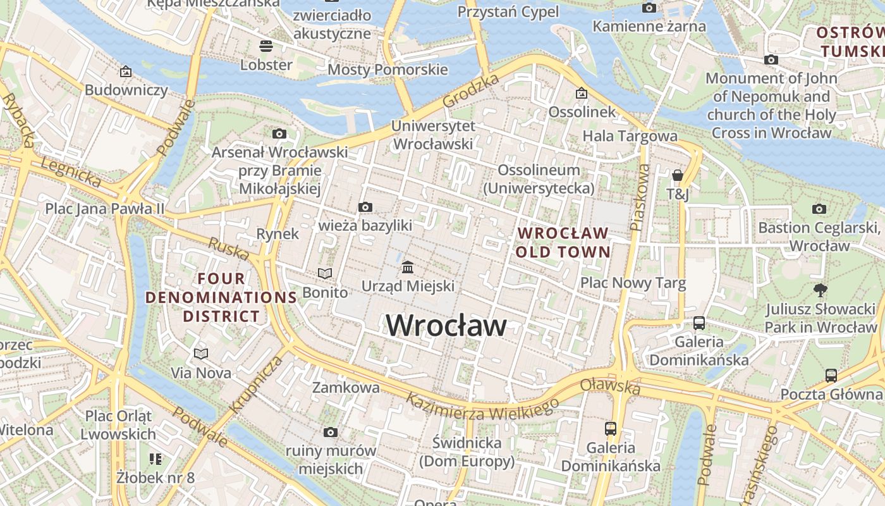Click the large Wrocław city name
[446, 326]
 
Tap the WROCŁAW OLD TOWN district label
[563, 243]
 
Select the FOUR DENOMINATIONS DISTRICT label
[221, 297]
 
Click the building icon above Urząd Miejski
[408, 268]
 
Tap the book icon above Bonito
[325, 273]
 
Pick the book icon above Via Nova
[201, 354]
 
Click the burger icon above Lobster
[266, 46]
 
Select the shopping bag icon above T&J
[678, 175]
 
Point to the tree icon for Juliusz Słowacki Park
[821, 290]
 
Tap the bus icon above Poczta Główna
[831, 375]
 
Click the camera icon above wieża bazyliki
[365, 207]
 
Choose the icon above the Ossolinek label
[582, 94]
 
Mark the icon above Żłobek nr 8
[156, 459]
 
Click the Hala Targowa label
[630, 136]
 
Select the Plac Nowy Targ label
[633, 283]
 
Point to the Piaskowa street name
[640, 197]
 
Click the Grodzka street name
[471, 90]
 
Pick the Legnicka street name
[70, 173]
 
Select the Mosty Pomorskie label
[388, 70]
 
